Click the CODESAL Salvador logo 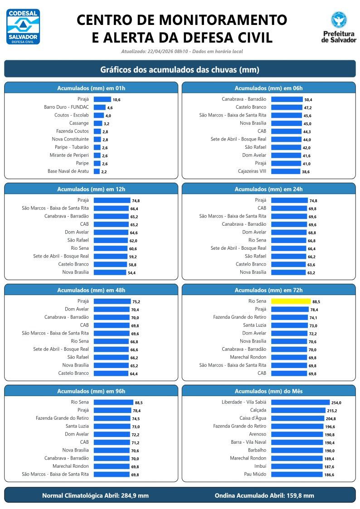coord(23,27)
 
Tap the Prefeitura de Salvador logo coord(339,27)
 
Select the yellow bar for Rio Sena coord(290,301)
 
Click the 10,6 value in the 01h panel coord(117,100)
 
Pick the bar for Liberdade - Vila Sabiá coord(300,402)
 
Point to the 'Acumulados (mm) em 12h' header coord(91,189)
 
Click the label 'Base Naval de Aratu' coord(68,171)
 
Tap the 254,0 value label coord(336,402)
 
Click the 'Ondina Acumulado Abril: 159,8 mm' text coord(264,495)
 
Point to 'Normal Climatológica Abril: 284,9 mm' coord(95,495)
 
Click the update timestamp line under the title coord(182,51)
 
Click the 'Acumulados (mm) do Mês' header coord(268,391)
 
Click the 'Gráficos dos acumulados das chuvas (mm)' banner coord(180,69)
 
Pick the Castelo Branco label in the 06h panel coord(251,107)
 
